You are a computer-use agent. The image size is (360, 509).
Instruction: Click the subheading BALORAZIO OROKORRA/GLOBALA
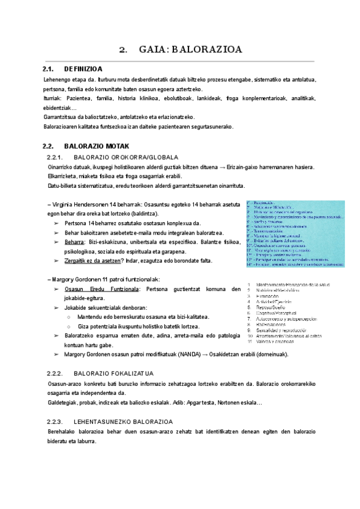[x=120, y=157]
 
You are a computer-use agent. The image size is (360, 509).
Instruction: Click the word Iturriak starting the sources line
[x=55, y=98]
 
